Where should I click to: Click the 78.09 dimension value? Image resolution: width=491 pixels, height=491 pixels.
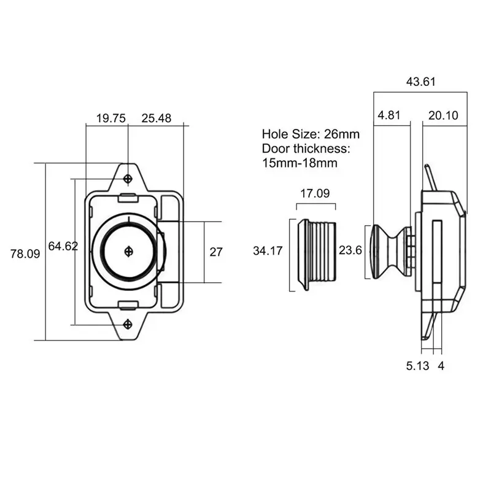pos(25,253)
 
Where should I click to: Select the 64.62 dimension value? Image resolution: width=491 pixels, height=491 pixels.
pos(63,246)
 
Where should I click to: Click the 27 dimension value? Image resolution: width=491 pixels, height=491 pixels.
pos(216,252)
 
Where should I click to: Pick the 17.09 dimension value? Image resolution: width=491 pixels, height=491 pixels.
pos(315,193)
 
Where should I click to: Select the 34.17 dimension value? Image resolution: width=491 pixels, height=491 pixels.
pos(268,250)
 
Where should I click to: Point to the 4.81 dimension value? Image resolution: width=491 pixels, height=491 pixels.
pos(390,115)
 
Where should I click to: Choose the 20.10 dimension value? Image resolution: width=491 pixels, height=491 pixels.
pos(443,115)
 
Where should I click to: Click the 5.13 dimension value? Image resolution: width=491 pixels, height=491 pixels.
pos(417,366)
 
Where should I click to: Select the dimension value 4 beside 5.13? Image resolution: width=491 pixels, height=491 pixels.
pos(441,366)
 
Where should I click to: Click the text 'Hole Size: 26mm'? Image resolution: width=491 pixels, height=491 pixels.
pos(311,134)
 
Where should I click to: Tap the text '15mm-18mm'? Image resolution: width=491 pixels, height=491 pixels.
pos(300,163)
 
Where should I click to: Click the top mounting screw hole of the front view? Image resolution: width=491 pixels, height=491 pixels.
pos(128,179)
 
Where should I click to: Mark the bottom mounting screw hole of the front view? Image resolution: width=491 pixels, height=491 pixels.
pos(128,323)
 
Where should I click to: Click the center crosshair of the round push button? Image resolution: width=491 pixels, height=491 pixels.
pos(128,250)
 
